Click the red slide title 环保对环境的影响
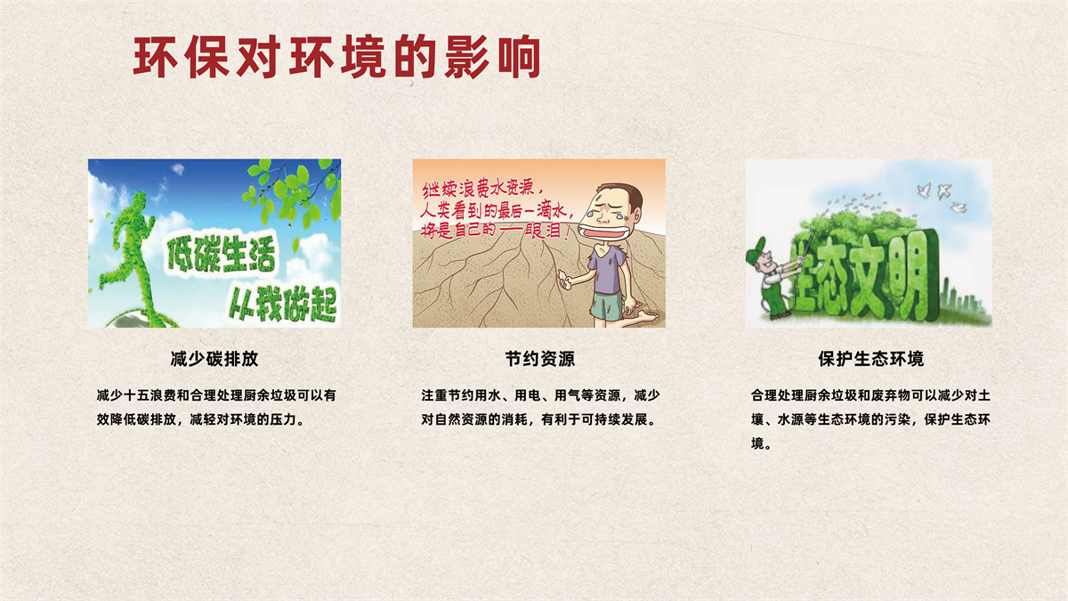tap(336, 57)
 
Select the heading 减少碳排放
tap(214, 359)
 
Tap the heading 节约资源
tap(539, 359)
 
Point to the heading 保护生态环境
tap(870, 359)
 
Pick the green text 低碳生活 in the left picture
tap(222, 256)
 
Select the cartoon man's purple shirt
tap(609, 271)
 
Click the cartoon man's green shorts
tap(606, 306)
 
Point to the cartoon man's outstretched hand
tap(564, 280)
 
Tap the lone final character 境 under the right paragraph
tap(757, 443)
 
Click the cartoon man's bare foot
tap(645, 316)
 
